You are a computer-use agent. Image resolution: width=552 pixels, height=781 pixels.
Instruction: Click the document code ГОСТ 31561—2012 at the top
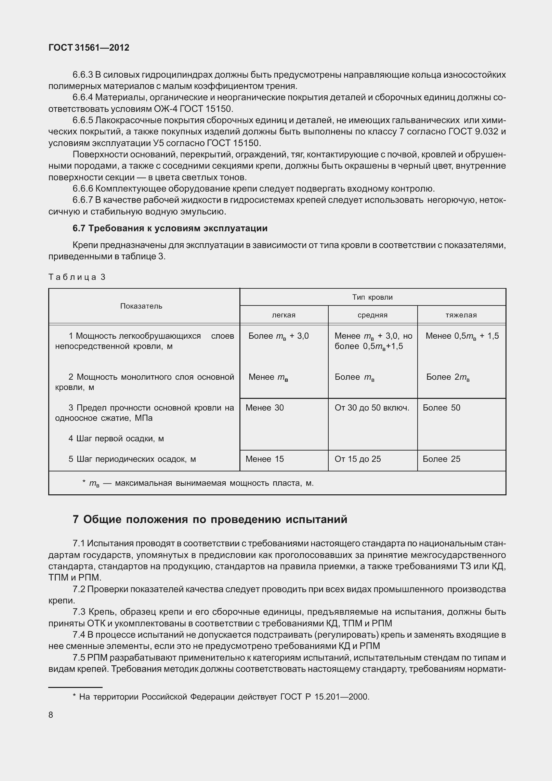[x=89, y=48]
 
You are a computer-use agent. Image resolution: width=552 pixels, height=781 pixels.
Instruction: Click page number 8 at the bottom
[x=51, y=715]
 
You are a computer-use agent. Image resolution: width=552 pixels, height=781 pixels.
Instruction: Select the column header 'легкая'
[x=284, y=315]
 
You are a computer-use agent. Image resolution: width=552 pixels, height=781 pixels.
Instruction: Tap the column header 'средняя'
[x=372, y=315]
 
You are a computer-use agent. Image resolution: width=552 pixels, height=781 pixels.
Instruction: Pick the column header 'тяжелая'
[x=461, y=315]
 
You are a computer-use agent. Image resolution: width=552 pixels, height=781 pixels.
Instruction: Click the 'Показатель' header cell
[x=141, y=306]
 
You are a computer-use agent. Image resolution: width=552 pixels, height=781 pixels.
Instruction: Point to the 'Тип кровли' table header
[x=372, y=297]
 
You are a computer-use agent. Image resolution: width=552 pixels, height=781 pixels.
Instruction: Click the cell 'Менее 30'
[x=265, y=408]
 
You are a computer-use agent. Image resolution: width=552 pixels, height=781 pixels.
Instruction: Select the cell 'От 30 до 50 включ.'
[x=372, y=408]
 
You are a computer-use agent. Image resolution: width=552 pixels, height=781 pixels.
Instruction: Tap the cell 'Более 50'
[x=442, y=408]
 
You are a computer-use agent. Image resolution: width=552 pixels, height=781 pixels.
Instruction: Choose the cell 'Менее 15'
[x=265, y=459]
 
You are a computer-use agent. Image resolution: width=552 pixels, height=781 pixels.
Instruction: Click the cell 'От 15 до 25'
[x=358, y=459]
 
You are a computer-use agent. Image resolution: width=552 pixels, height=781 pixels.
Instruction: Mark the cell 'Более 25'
[x=442, y=459]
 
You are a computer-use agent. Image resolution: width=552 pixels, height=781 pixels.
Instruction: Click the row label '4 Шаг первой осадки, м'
[x=116, y=439]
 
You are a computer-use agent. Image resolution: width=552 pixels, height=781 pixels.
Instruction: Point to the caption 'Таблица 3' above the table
[x=77, y=277]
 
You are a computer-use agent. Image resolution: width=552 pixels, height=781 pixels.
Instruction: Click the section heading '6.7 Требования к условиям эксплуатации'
[x=170, y=229]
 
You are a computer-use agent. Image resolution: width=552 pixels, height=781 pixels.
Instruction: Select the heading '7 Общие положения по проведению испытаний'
[x=210, y=519]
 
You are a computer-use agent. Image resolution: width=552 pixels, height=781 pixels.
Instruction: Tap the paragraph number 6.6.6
[x=83, y=189]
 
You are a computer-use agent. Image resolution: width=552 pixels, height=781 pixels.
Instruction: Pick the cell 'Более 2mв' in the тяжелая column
[x=448, y=377]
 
